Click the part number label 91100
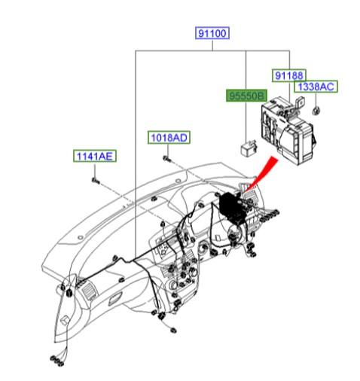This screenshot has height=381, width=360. (x=212, y=33)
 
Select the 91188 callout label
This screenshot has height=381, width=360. (x=289, y=75)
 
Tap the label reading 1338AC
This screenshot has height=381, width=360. (x=316, y=87)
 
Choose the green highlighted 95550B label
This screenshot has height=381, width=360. (x=247, y=96)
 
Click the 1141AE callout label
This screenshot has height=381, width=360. (x=94, y=157)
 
